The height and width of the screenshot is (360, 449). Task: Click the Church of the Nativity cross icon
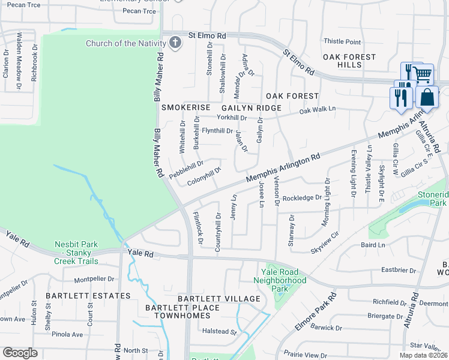pyautogui.click(x=175, y=43)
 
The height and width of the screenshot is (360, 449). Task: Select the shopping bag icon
pyautogui.click(x=427, y=98)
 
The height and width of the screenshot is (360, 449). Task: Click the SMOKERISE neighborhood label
pyautogui.click(x=185, y=107)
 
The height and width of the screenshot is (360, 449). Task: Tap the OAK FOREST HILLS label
pyautogui.click(x=349, y=61)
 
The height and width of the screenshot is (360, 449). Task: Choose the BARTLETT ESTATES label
pyautogui.click(x=87, y=296)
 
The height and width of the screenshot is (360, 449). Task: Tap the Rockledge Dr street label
pyautogui.click(x=303, y=197)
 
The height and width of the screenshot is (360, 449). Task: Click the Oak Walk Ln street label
pyautogui.click(x=317, y=110)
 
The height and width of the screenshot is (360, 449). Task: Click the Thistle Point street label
pyautogui.click(x=342, y=41)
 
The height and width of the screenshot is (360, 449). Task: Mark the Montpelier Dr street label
pyautogui.click(x=94, y=279)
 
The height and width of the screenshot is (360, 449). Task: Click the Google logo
pyautogui.click(x=20, y=353)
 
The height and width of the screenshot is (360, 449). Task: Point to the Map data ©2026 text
pyautogui.click(x=423, y=355)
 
